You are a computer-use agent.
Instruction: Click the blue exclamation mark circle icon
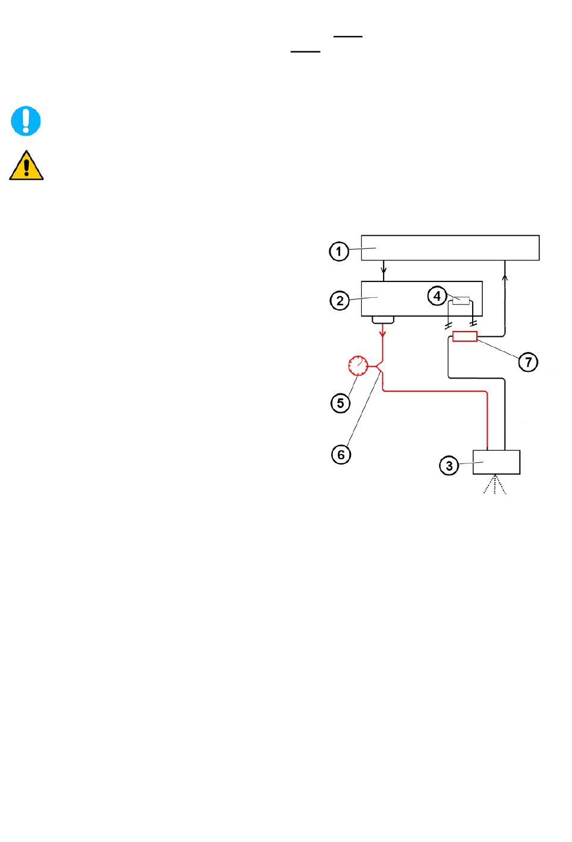pyautogui.click(x=25, y=121)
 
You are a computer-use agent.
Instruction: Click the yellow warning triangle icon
pyautogui.click(x=26, y=165)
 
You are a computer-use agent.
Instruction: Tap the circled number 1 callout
pyautogui.click(x=339, y=251)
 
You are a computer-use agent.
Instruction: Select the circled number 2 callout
pyautogui.click(x=340, y=301)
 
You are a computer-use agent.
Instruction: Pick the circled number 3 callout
pyautogui.click(x=449, y=466)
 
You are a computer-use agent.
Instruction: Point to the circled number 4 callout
pyautogui.click(x=437, y=296)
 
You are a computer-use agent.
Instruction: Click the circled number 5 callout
pyautogui.click(x=340, y=403)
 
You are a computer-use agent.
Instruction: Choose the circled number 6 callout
pyautogui.click(x=341, y=454)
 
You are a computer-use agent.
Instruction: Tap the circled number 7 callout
pyautogui.click(x=528, y=362)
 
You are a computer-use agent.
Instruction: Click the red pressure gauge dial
pyautogui.click(x=358, y=366)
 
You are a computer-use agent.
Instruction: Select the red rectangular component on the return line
pyautogui.click(x=465, y=336)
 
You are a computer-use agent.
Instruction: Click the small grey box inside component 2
pyautogui.click(x=461, y=301)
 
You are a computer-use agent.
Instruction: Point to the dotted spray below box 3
pyautogui.click(x=495, y=484)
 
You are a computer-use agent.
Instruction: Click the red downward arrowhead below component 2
pyautogui.click(x=383, y=334)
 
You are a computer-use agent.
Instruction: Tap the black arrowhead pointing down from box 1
pyautogui.click(x=384, y=270)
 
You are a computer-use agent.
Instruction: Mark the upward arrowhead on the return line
pyautogui.click(x=505, y=278)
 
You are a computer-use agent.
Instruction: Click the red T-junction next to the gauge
pyautogui.click(x=379, y=366)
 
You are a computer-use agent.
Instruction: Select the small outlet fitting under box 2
pyautogui.click(x=383, y=320)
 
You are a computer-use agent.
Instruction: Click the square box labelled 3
pyautogui.click(x=496, y=462)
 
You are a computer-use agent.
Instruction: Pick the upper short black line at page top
pyautogui.click(x=348, y=36)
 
